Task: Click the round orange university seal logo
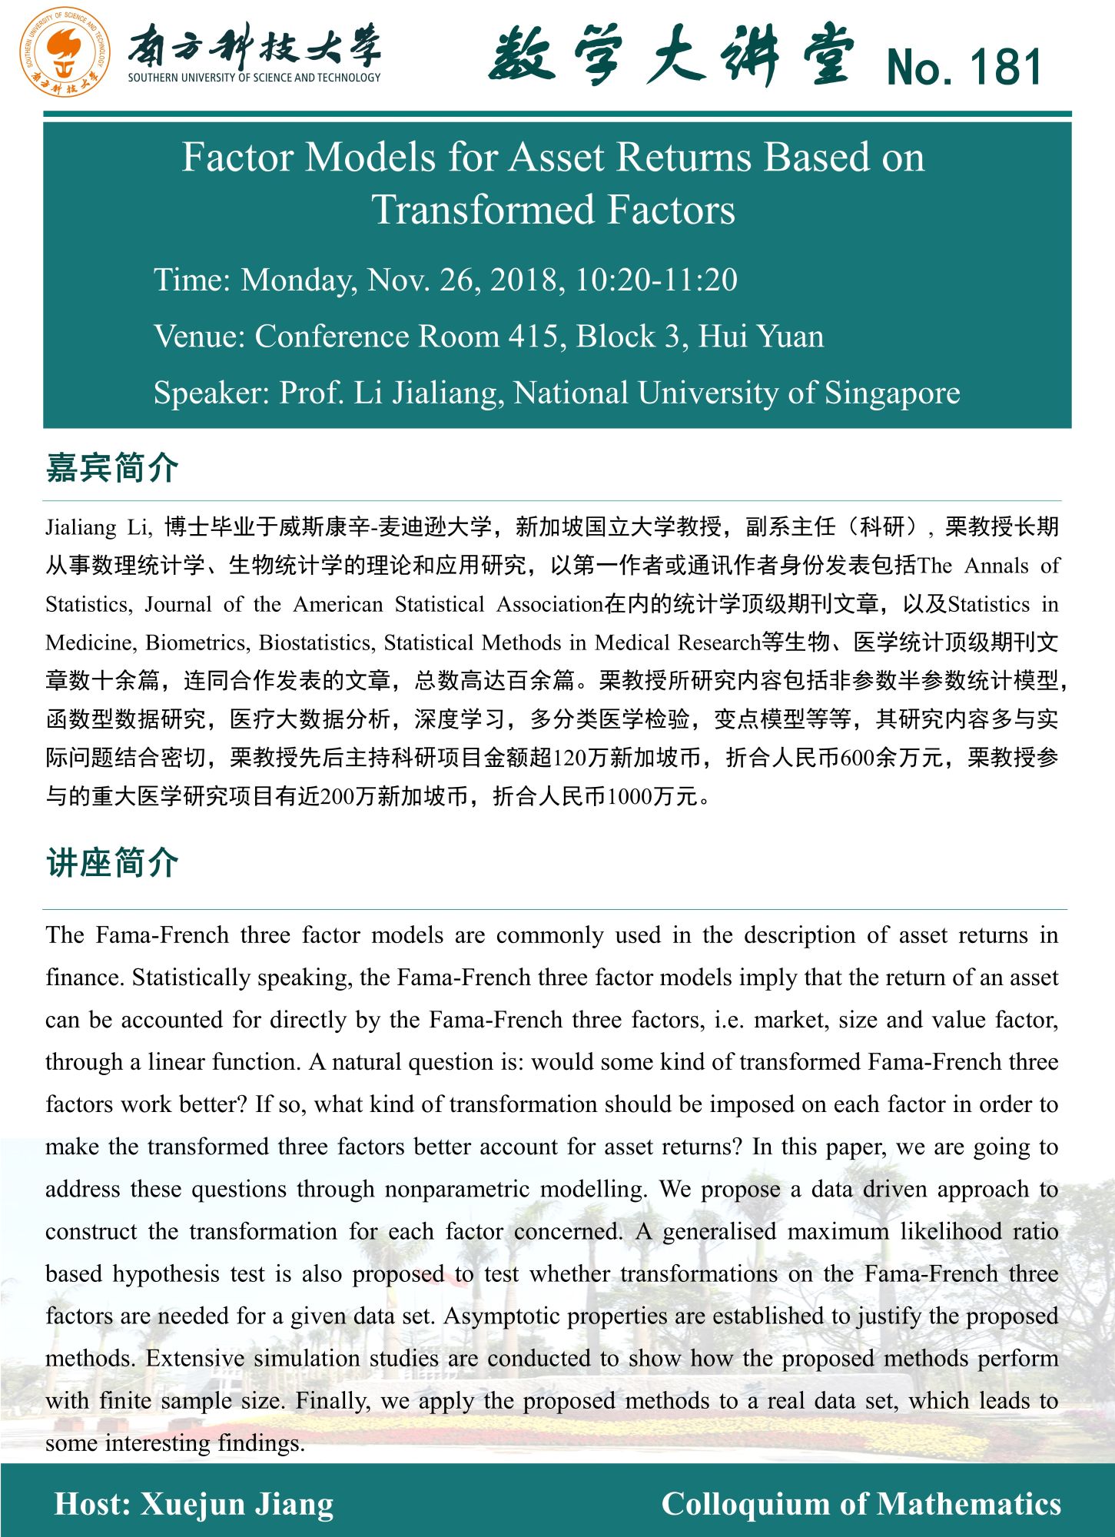[65, 51]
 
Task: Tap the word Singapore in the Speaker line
[892, 393]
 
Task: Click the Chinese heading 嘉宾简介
[112, 467]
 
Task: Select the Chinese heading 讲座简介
[112, 863]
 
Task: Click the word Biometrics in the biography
[196, 642]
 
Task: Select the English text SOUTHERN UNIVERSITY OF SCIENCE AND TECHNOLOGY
[254, 78]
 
